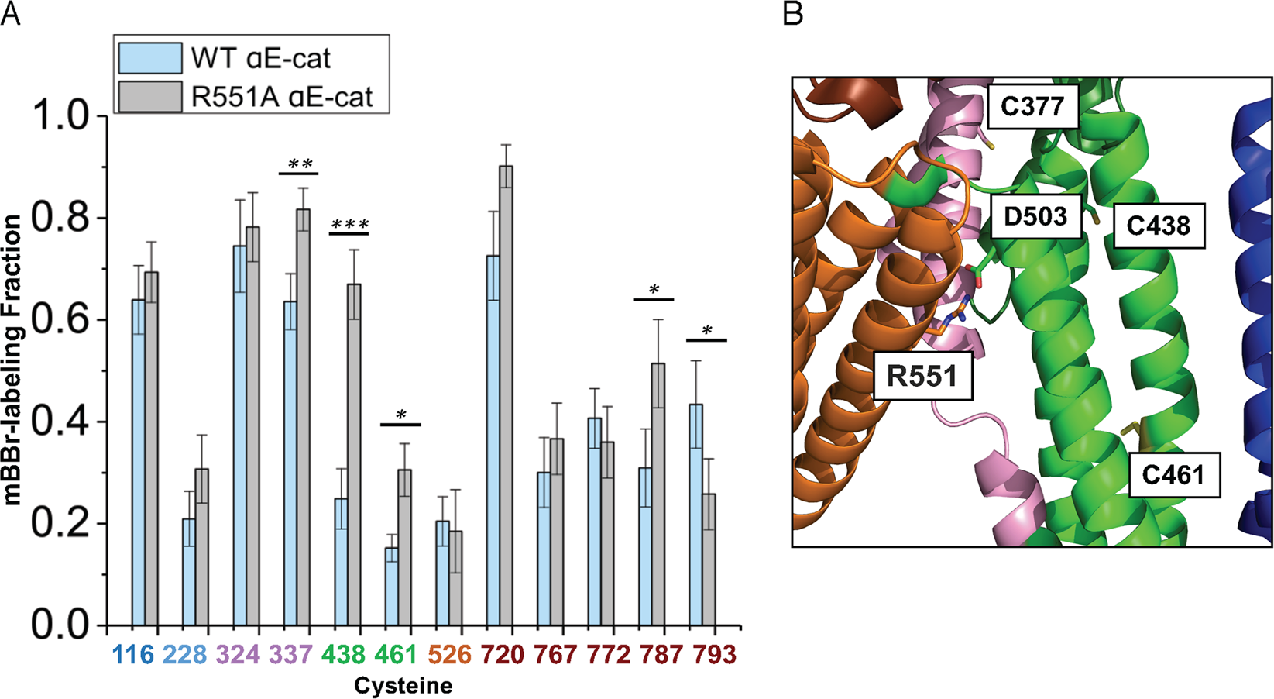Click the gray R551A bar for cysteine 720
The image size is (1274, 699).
pyautogui.click(x=506, y=395)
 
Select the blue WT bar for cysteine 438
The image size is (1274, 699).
pyautogui.click(x=341, y=562)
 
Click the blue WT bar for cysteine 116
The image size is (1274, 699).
pyautogui.click(x=138, y=462)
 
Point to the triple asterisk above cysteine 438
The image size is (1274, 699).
pyautogui.click(x=349, y=226)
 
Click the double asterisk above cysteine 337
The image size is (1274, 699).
pyautogui.click(x=300, y=164)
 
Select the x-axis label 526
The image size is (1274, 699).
pyautogui.click(x=449, y=655)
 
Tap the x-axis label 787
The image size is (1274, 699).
pyautogui.click(x=661, y=655)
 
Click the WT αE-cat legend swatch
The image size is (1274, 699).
pyautogui.click(x=150, y=58)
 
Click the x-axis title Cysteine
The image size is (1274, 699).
pyautogui.click(x=403, y=686)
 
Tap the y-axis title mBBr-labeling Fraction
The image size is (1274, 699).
pyautogui.click(x=12, y=360)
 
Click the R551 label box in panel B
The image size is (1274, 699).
pyautogui.click(x=922, y=377)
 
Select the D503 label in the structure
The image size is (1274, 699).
pyautogui.click(x=1035, y=216)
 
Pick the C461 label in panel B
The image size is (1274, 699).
pyautogui.click(x=1173, y=474)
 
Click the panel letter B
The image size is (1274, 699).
pyautogui.click(x=793, y=13)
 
